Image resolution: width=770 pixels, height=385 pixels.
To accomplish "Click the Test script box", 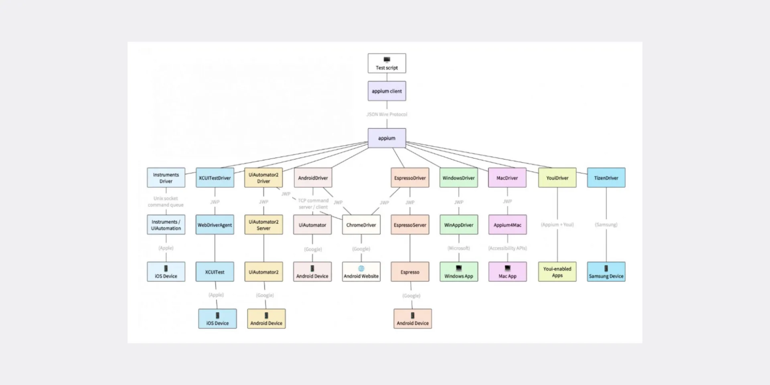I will pyautogui.click(x=387, y=63).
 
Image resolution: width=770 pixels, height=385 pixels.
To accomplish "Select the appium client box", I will pyautogui.click(x=387, y=91).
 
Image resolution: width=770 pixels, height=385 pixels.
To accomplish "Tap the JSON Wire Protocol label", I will pyautogui.click(x=387, y=114).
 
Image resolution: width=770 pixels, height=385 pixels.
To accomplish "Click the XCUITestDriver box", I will pyautogui.click(x=215, y=178).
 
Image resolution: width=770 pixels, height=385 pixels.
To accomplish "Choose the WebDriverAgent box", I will pyautogui.click(x=215, y=225).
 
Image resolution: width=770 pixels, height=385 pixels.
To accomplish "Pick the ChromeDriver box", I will pyautogui.click(x=361, y=225).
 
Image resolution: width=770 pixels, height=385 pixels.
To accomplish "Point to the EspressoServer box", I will pyautogui.click(x=410, y=225).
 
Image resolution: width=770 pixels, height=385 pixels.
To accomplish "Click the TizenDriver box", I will pyautogui.click(x=606, y=178).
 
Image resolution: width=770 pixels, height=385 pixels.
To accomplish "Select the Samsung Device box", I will pyautogui.click(x=606, y=272).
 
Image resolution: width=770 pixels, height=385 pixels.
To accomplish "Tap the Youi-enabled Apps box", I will pyautogui.click(x=557, y=272).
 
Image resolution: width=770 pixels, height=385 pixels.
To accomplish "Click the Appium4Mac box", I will pyautogui.click(x=507, y=225).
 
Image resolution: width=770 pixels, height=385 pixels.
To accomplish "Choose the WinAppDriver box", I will pyautogui.click(x=458, y=225).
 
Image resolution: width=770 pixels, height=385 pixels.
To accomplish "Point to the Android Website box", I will pyautogui.click(x=361, y=272).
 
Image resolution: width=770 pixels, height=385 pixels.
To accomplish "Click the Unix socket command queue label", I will pyautogui.click(x=166, y=201).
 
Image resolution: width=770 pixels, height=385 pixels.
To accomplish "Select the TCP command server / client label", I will pyautogui.click(x=313, y=204).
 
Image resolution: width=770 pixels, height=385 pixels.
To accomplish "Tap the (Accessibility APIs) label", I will pyautogui.click(x=507, y=248).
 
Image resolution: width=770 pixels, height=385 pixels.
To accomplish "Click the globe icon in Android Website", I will pyautogui.click(x=361, y=268).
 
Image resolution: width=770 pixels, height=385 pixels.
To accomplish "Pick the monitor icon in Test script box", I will pyautogui.click(x=387, y=60).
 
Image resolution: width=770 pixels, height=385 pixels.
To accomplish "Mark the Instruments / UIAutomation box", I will pyautogui.click(x=166, y=225).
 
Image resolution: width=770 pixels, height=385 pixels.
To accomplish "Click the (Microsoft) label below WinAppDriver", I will pyautogui.click(x=458, y=248).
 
